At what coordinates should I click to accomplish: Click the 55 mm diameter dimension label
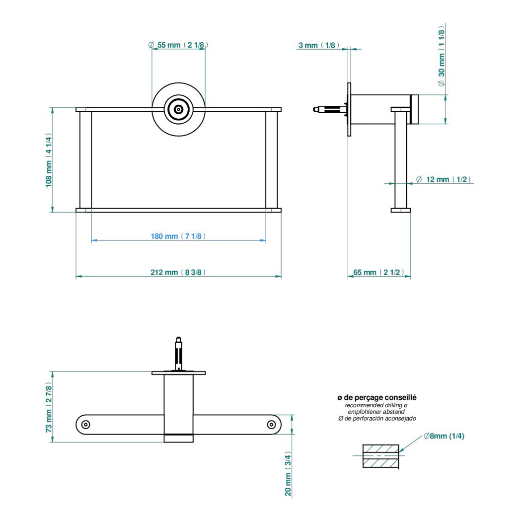tap(178, 45)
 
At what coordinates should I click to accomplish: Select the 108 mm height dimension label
tap(49, 159)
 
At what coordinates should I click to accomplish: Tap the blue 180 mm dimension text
tap(178, 236)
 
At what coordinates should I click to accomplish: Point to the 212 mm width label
tap(178, 272)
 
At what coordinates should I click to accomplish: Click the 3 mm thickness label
tap(318, 46)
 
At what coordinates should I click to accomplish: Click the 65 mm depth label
tap(378, 272)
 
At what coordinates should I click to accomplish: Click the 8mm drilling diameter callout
tap(444, 436)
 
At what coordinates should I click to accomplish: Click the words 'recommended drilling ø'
tap(376, 406)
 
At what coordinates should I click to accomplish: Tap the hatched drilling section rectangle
tap(381, 455)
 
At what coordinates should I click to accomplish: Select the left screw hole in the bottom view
tap(86, 424)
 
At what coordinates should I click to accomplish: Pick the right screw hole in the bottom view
tap(271, 424)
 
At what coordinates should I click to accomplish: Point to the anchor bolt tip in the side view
tap(315, 109)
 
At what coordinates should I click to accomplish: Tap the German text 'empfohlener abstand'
tap(376, 412)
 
